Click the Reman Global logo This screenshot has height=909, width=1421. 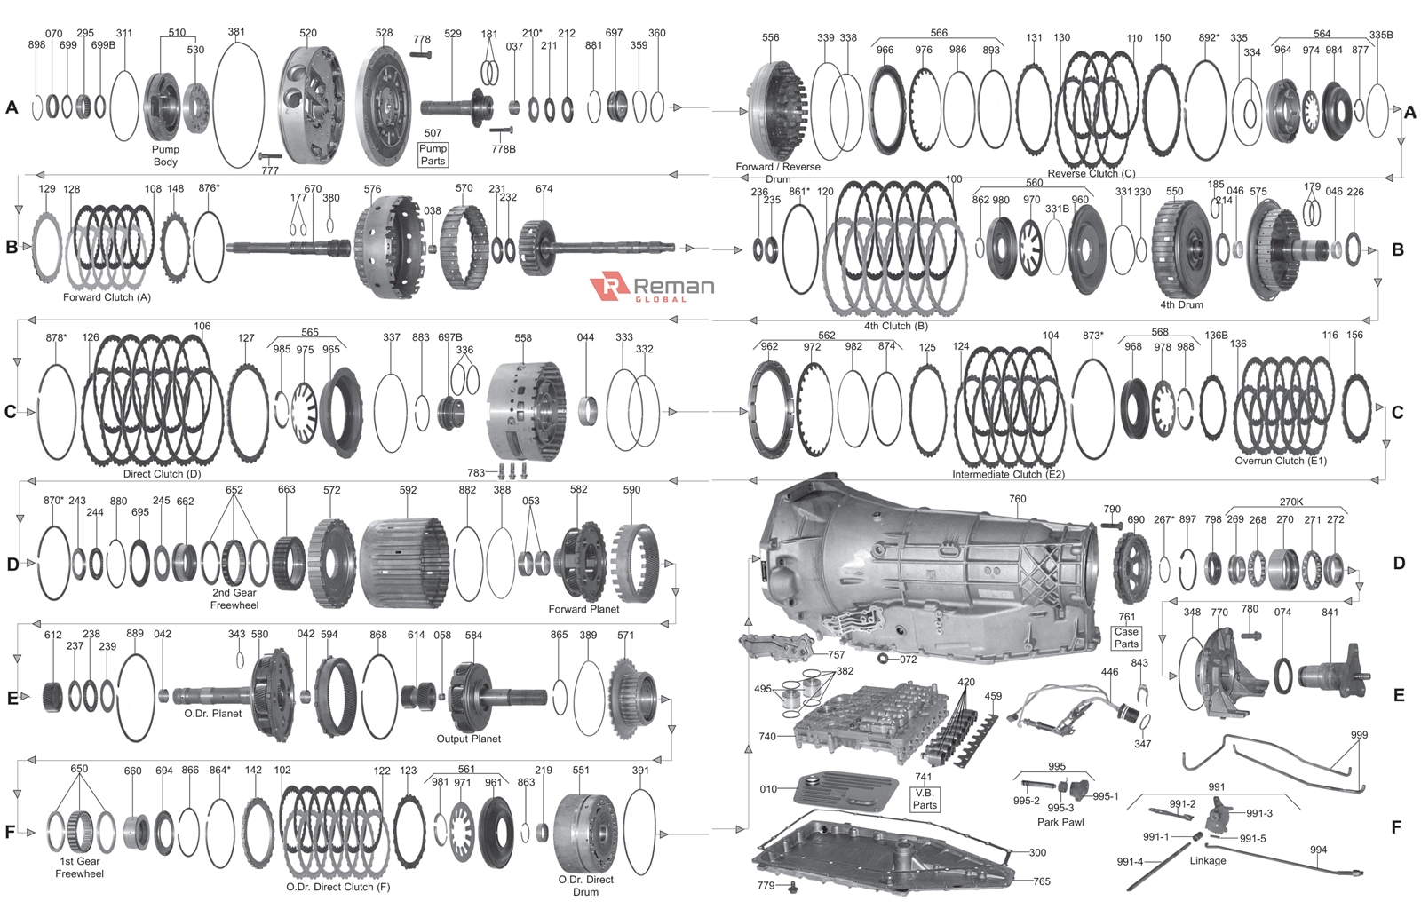click(652, 287)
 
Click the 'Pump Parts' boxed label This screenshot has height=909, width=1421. click(433, 154)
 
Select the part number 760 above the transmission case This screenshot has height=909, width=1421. click(1017, 499)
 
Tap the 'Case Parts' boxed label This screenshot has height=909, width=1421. click(1126, 637)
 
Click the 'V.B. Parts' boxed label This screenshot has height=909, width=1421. click(925, 799)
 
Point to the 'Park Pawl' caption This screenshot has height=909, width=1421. click(1060, 822)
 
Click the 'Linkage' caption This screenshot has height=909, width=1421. click(1207, 860)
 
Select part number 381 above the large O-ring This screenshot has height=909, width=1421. click(235, 32)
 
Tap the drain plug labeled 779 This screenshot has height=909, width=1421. click(793, 886)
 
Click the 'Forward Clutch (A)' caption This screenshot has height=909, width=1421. click(107, 297)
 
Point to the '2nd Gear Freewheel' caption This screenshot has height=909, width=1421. click(234, 599)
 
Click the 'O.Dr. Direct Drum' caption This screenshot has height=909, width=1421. click(585, 885)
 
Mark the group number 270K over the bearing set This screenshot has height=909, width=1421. click(1290, 502)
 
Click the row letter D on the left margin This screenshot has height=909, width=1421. click(12, 565)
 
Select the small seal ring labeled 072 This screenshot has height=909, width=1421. click(883, 659)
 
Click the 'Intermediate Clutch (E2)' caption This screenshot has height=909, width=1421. click(1008, 474)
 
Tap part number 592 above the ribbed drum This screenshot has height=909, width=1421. click(408, 490)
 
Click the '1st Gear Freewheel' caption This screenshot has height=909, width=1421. click(79, 867)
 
